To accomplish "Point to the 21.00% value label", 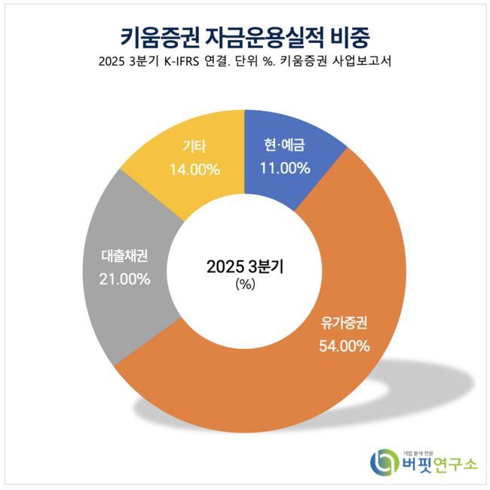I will click(x=124, y=278).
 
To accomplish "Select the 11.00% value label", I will click(x=285, y=169).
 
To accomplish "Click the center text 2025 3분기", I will click(x=245, y=266).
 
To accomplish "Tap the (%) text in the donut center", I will click(x=245, y=284).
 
